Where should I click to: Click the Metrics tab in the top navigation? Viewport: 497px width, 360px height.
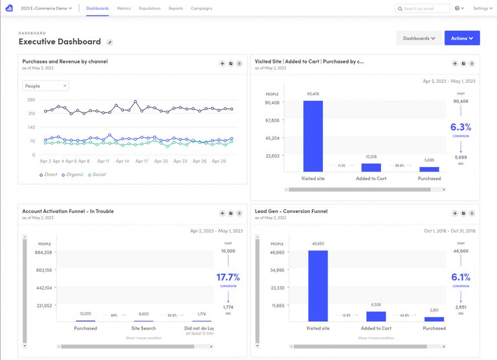coord(124,8)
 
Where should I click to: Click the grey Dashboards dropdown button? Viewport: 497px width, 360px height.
coord(419,38)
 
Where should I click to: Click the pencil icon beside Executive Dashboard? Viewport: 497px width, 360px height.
coord(110,42)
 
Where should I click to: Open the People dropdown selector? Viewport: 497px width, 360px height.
coord(45,85)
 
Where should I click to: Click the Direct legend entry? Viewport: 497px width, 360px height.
coord(49,175)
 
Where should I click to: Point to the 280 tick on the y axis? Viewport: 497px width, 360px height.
coord(31,100)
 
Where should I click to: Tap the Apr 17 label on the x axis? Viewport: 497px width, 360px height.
coord(142,161)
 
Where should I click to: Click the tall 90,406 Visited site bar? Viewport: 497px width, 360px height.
coord(313,136)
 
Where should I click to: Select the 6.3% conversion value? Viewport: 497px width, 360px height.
coord(461,127)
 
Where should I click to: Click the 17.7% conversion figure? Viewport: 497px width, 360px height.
coord(228,277)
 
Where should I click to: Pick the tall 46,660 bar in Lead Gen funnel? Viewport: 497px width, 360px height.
coord(318,286)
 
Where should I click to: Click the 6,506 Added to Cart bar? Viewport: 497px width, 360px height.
coord(376,316)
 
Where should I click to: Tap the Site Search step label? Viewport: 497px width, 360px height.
coord(144,328)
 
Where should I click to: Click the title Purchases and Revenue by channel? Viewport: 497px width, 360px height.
coord(65,62)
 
